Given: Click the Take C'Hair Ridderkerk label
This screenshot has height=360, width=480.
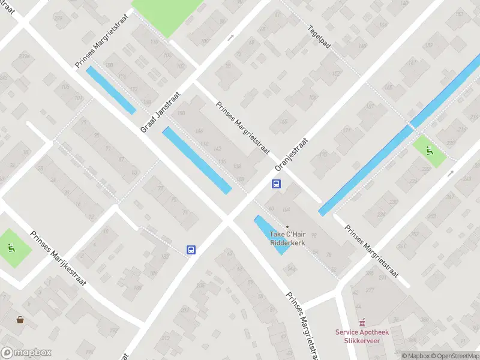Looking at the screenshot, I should coord(287,238).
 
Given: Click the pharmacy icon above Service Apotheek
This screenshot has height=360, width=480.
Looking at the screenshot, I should coord(361,323).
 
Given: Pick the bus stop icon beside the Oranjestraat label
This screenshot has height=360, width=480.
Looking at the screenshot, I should coord(277,184).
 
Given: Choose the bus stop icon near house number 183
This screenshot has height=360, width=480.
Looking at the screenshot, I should coord(191,250).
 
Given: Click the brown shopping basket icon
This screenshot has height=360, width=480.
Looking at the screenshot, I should coord(21,320).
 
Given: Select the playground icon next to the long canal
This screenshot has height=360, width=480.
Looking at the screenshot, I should coord(430,151).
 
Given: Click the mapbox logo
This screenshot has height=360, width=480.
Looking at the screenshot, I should coord(26,353).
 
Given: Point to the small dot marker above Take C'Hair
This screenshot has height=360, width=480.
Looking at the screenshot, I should coord(287,226).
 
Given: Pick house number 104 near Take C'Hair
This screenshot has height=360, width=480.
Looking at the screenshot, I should coord(286,209).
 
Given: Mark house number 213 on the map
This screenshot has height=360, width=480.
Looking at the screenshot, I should coord(165,338).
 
